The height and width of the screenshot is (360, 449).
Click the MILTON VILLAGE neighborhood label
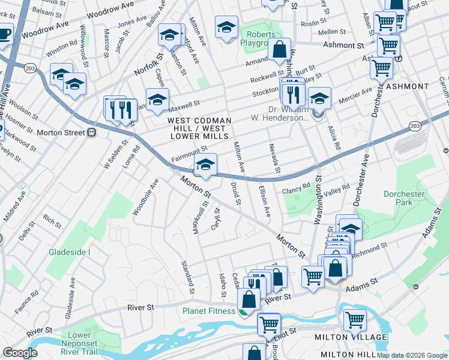pyautogui.click(x=351, y=337)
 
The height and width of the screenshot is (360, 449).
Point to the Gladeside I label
pyautogui.click(x=70, y=252)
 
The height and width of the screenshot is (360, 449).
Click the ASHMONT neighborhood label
pyautogui.click(x=409, y=86)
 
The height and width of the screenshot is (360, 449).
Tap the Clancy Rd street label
pyautogui.click(x=296, y=189)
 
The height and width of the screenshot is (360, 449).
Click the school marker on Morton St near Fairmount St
pyautogui.click(x=205, y=165)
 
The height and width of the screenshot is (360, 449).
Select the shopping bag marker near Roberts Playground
pyautogui.click(x=279, y=50)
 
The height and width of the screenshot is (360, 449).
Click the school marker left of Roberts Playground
pyautogui.click(x=226, y=27)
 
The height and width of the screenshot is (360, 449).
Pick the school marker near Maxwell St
pyautogui.click(x=157, y=100)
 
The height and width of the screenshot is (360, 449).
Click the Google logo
pyautogui.click(x=20, y=353)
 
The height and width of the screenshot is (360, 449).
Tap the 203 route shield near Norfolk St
pyautogui.click(x=30, y=69)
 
